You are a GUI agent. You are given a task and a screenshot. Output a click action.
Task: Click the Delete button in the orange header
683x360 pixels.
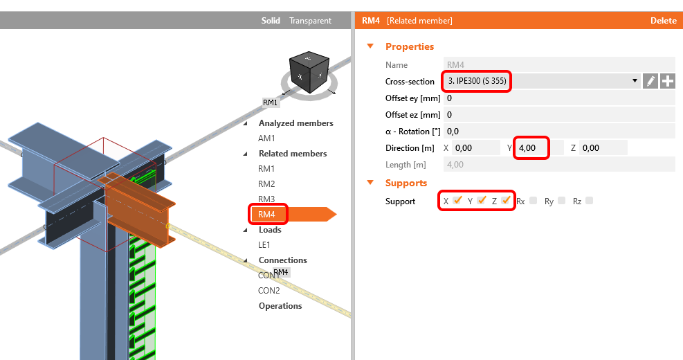663,21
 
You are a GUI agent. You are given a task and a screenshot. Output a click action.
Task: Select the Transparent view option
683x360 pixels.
310,21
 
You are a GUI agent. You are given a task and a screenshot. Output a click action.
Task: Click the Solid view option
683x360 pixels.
271,21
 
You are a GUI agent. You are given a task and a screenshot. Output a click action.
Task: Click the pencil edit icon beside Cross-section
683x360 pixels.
650,81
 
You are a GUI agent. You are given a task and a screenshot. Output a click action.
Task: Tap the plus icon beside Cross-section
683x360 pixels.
667,81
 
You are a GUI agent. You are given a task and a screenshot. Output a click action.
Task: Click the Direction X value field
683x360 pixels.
476,147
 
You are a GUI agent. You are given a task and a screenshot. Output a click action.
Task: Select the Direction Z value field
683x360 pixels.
603,147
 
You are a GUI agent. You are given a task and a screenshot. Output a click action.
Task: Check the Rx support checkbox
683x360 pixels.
533,201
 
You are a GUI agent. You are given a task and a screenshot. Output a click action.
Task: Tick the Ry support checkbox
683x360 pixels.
561,201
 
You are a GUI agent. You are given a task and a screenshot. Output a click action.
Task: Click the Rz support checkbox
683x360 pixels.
590,201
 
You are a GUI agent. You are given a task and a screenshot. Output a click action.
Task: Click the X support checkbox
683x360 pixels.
457,201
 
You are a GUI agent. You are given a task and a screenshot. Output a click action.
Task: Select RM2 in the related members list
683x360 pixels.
266,183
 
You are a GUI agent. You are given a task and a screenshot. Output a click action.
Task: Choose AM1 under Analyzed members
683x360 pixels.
266,138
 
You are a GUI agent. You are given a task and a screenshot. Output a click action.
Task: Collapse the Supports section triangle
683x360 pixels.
370,183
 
